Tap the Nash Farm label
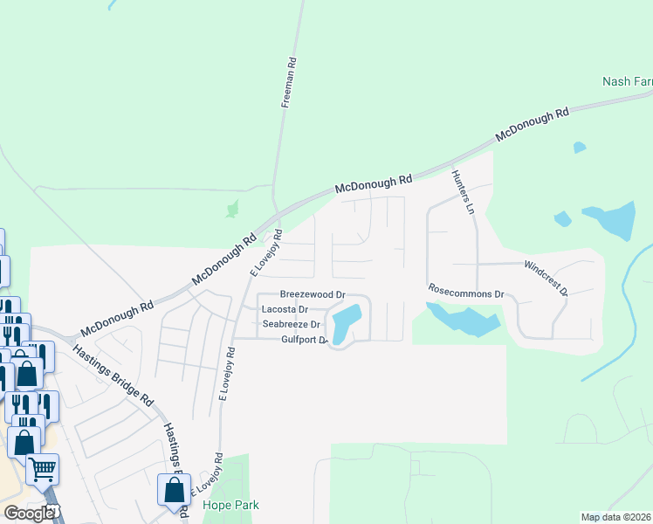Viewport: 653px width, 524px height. (627, 82)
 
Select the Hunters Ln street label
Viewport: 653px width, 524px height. (462, 192)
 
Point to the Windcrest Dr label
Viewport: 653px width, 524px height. (546, 276)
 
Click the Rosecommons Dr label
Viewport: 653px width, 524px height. (466, 291)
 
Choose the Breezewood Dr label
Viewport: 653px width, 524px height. (313, 296)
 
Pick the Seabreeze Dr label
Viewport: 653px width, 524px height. (292, 324)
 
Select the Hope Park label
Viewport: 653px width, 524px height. (230, 505)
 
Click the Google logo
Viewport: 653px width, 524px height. (30, 513)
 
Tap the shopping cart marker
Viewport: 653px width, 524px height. (42, 470)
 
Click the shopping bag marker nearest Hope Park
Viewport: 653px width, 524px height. (173, 489)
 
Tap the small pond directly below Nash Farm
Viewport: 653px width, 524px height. (580, 148)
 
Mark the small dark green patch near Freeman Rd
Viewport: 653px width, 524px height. (232, 210)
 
